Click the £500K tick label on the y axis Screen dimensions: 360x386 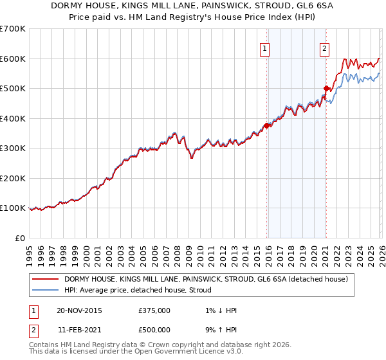[x=13, y=88]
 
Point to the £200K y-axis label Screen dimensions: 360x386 [x=13, y=178]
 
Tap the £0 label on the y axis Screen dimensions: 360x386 [x=19, y=238]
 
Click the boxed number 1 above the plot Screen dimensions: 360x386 [x=266, y=47]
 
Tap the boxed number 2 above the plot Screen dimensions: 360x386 [x=325, y=47]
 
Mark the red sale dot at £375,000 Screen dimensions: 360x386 [x=266, y=125]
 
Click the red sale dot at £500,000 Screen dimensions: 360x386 [x=326, y=88]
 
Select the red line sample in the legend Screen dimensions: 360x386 [x=46, y=279]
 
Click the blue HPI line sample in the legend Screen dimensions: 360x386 [x=46, y=290]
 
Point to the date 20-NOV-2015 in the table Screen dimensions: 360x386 [x=79, y=310]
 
